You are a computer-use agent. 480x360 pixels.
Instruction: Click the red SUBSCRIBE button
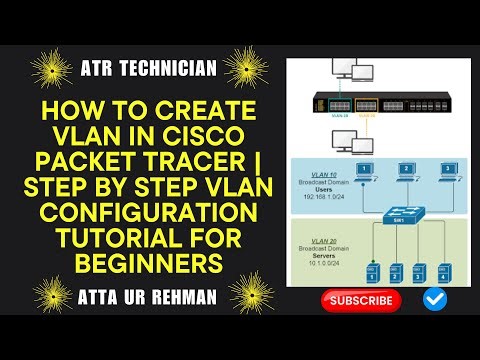point(361,300)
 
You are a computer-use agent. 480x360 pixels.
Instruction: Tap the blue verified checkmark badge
point(434,299)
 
